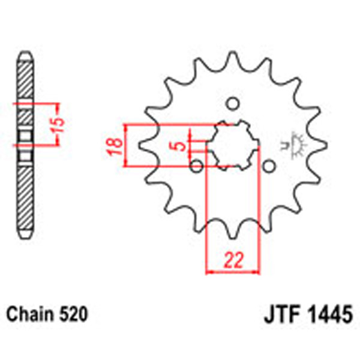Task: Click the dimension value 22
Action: pos(233,260)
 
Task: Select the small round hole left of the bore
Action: pos(196,165)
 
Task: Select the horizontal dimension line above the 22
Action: pos(233,272)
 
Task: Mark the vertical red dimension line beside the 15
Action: pos(56,124)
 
